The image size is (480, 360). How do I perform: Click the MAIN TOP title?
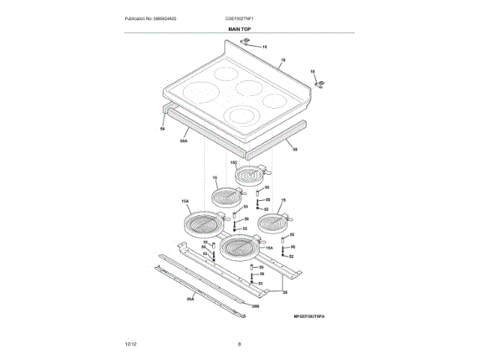pyautogui.click(x=239, y=28)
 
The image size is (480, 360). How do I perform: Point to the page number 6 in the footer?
pyautogui.click(x=239, y=344)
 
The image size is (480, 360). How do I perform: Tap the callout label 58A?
pyautogui.click(x=184, y=140)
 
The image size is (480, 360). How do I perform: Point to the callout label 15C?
pyautogui.click(x=233, y=163)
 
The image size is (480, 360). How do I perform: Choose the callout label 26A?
pyautogui.click(x=190, y=299)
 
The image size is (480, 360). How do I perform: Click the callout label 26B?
pyautogui.click(x=255, y=306)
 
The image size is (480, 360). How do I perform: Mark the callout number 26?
pyautogui.click(x=284, y=292)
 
